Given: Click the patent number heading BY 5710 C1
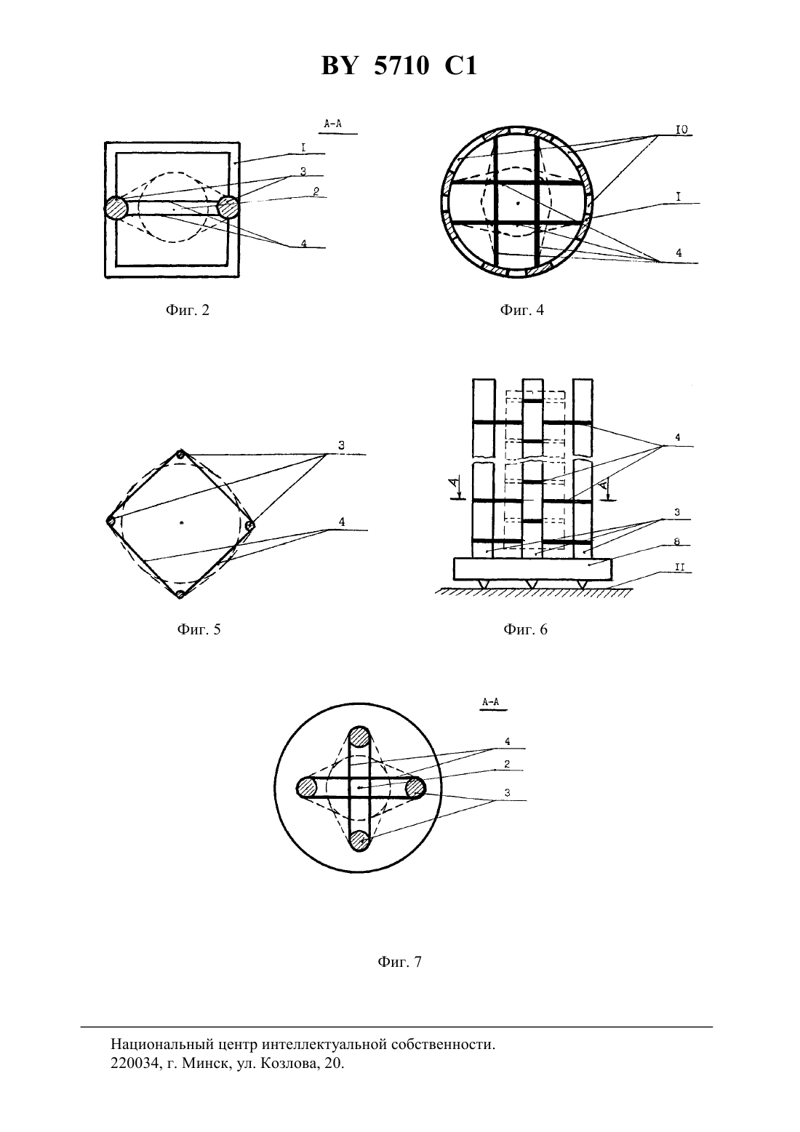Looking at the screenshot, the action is [399, 65].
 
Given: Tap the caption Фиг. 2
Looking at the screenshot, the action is [188, 310].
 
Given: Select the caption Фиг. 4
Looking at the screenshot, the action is [522, 310].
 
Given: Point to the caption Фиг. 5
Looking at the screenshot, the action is [199, 629].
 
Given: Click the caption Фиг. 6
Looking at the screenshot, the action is [525, 629].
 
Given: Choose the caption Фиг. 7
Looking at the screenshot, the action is [399, 962].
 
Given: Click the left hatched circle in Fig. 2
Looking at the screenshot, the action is [116, 207].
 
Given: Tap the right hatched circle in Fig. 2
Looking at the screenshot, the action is [228, 207].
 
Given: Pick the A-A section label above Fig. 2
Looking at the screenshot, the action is [333, 123].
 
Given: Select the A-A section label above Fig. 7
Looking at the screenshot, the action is [490, 702].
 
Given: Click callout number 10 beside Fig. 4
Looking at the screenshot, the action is [682, 130].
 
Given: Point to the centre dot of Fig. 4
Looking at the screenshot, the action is [518, 203].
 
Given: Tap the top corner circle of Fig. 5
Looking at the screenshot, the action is [181, 454].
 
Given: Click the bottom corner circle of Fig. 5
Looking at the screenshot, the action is [180, 594].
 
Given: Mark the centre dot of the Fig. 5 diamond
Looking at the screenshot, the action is [181, 522].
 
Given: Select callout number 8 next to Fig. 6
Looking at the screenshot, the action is [677, 542].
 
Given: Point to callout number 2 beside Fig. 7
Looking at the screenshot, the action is [507, 764].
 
